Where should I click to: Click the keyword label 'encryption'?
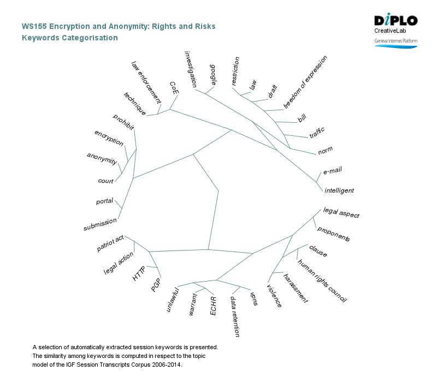pos(109,138)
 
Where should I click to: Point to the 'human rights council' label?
pos(322,280)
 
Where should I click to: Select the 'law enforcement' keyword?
pos(146,82)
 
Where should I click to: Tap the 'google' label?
pos(214,75)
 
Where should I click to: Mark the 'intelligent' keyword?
pos(339,190)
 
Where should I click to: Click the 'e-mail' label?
pos(332,171)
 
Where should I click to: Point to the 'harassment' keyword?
pos(296,288)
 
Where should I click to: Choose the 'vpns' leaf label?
pos(253,299)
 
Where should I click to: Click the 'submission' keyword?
pos(100,224)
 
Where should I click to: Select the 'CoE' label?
pos(174,88)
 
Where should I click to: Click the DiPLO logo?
pos(395,21)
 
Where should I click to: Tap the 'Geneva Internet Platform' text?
pos(395,41)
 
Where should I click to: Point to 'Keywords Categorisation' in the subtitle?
pos(69,38)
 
